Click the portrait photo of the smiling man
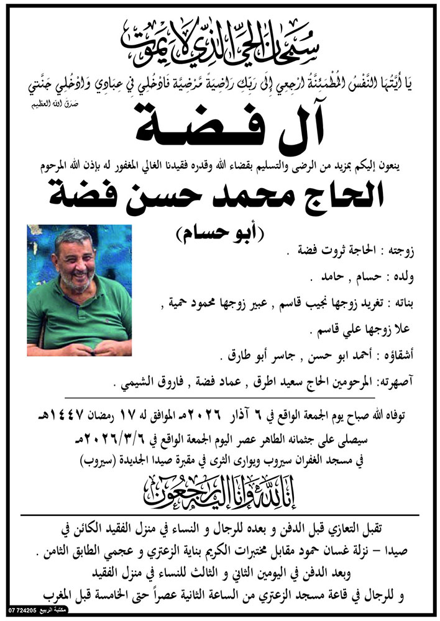pos(80,290)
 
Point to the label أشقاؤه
pos(399,357)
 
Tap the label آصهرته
pos(396,384)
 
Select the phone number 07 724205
pos(22,612)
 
